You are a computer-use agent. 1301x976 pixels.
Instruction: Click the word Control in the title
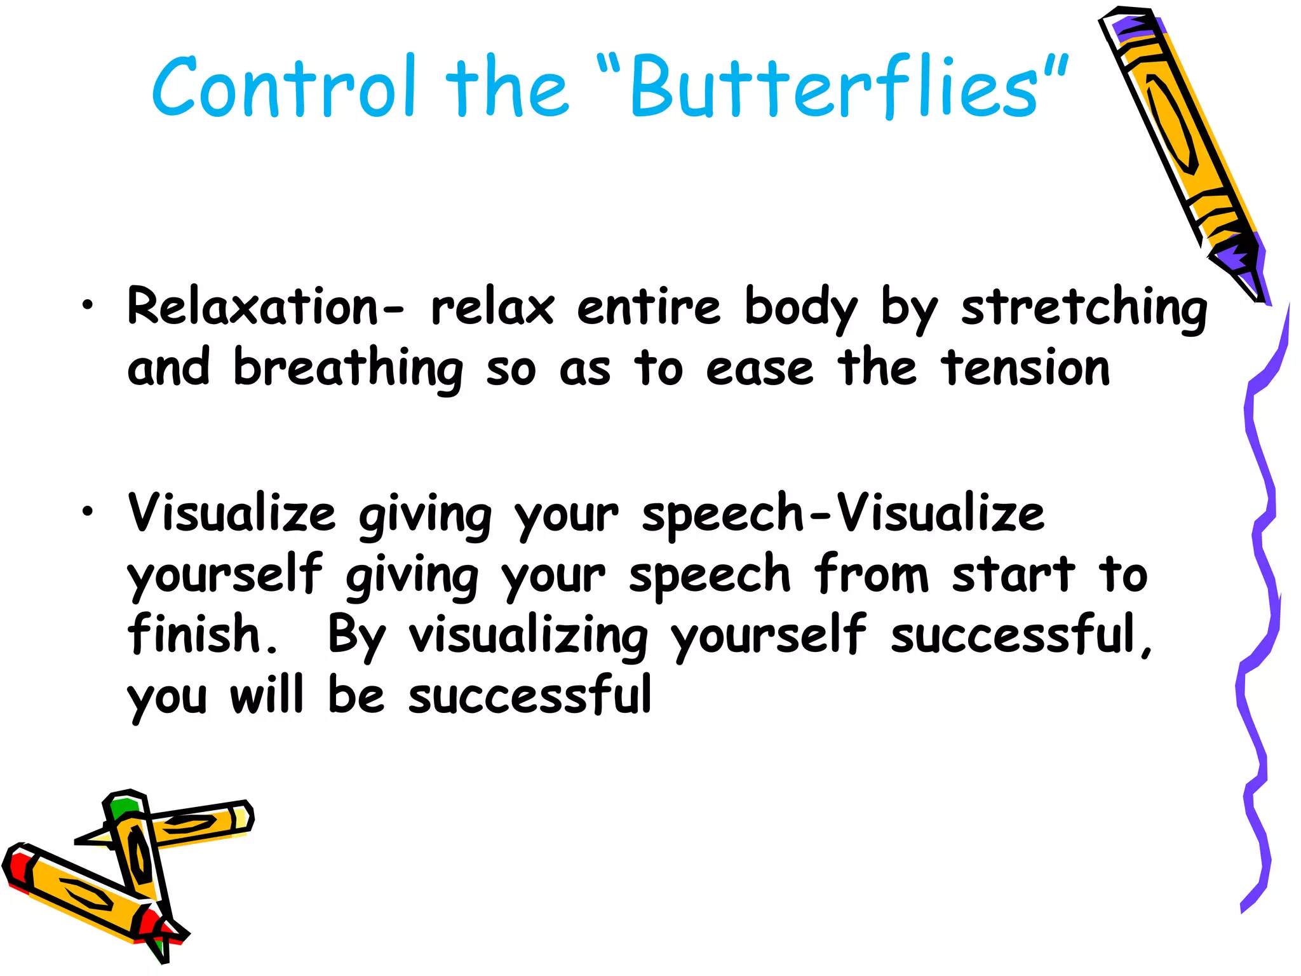(284, 87)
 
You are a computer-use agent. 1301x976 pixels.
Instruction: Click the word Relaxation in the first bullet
(253, 307)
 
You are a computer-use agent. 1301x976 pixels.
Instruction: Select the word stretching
(1084, 308)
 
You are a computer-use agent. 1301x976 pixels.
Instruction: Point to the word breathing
(348, 369)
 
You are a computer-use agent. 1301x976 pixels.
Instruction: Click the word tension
(1027, 369)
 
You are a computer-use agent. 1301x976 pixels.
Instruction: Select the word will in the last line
(266, 695)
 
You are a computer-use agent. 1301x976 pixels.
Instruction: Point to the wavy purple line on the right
(1255, 572)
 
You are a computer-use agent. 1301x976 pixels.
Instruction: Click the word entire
(649, 307)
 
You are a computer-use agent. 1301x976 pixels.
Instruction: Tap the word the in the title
(506, 87)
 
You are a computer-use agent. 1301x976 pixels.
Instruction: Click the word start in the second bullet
(1014, 574)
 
